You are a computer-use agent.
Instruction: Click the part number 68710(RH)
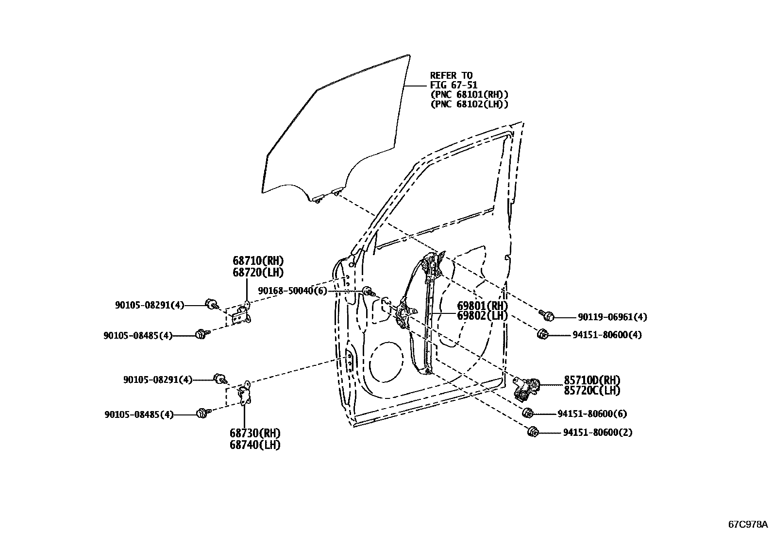click(x=258, y=261)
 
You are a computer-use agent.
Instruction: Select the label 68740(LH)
click(x=255, y=445)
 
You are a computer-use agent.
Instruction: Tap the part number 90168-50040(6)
click(x=292, y=291)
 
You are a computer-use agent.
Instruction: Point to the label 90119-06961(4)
click(x=612, y=317)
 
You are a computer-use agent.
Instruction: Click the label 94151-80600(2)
click(x=597, y=432)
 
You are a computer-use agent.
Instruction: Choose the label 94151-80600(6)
click(x=591, y=414)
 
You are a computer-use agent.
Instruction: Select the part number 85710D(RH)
click(x=592, y=380)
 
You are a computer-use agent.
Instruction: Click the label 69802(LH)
click(x=482, y=316)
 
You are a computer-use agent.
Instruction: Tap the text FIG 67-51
click(x=454, y=85)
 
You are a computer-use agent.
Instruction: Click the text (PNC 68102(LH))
click(x=469, y=104)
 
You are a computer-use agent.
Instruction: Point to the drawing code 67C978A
click(x=747, y=524)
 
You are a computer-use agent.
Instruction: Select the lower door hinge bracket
click(x=244, y=395)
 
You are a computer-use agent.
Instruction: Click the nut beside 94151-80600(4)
click(x=542, y=334)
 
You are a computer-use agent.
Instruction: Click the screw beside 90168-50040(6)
click(x=369, y=292)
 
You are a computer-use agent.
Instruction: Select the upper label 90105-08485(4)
click(x=138, y=335)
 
